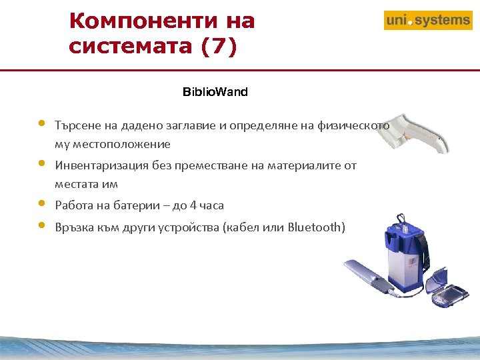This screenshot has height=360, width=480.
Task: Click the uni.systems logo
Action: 427,20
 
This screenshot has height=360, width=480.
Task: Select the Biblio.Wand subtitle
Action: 215,92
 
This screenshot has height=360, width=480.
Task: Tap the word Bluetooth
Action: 317,227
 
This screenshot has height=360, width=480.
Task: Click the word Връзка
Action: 75,227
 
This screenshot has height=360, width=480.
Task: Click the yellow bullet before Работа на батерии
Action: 42,203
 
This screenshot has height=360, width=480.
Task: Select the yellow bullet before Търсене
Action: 42,123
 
